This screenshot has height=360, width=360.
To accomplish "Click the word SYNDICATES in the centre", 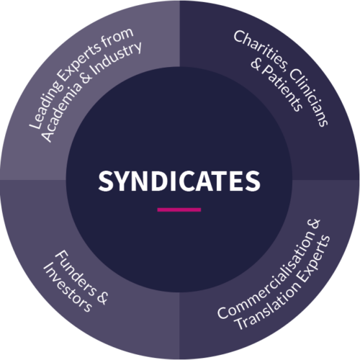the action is tap(179, 181).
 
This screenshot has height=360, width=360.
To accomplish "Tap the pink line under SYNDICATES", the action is tap(179, 210).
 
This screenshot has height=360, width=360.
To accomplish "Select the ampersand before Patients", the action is tap(256, 64).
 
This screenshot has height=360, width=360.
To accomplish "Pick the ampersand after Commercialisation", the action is tap(314, 224).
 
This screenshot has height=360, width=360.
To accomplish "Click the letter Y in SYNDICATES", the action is tap(126, 181).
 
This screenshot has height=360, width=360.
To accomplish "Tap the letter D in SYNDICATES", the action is tap(163, 181).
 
